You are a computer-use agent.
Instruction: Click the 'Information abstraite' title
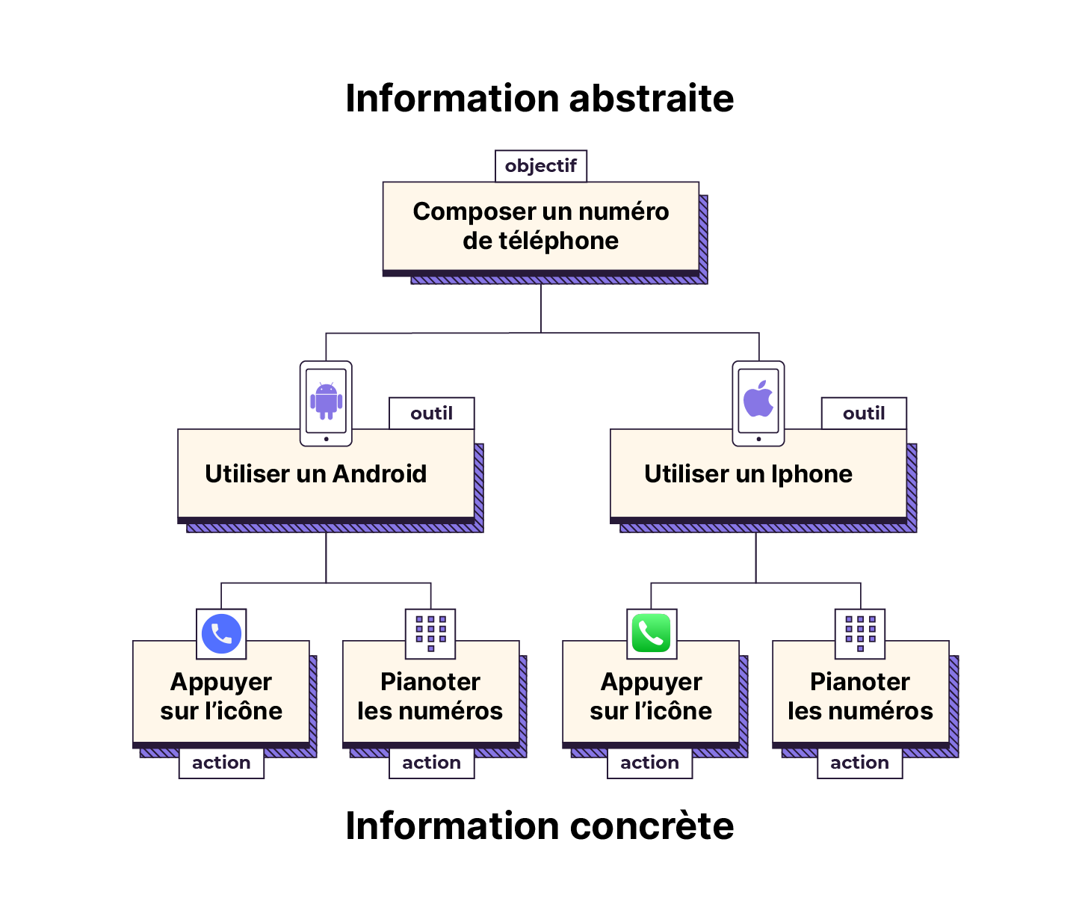pyautogui.click(x=540, y=99)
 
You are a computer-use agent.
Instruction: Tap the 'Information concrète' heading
pyautogui.click(x=540, y=826)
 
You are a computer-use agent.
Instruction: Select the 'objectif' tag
pyautogui.click(x=541, y=166)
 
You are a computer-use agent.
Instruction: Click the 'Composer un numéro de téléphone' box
pyautogui.click(x=541, y=226)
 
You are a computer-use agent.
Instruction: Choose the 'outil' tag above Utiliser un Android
pyautogui.click(x=432, y=414)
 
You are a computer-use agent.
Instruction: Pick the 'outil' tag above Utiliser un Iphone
pyautogui.click(x=864, y=414)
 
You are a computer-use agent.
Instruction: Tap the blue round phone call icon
pyautogui.click(x=221, y=634)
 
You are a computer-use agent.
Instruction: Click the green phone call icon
pyautogui.click(x=652, y=634)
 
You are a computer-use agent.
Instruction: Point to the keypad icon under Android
pyautogui.click(x=430, y=633)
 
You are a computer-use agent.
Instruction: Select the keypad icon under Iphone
pyautogui.click(x=860, y=633)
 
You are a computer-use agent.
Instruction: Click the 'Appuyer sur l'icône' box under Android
pyautogui.click(x=221, y=695)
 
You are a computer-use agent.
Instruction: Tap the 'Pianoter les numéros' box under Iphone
pyautogui.click(x=860, y=695)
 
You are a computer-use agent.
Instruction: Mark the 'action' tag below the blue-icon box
pyautogui.click(x=221, y=763)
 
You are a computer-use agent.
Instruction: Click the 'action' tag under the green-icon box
pyautogui.click(x=649, y=763)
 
